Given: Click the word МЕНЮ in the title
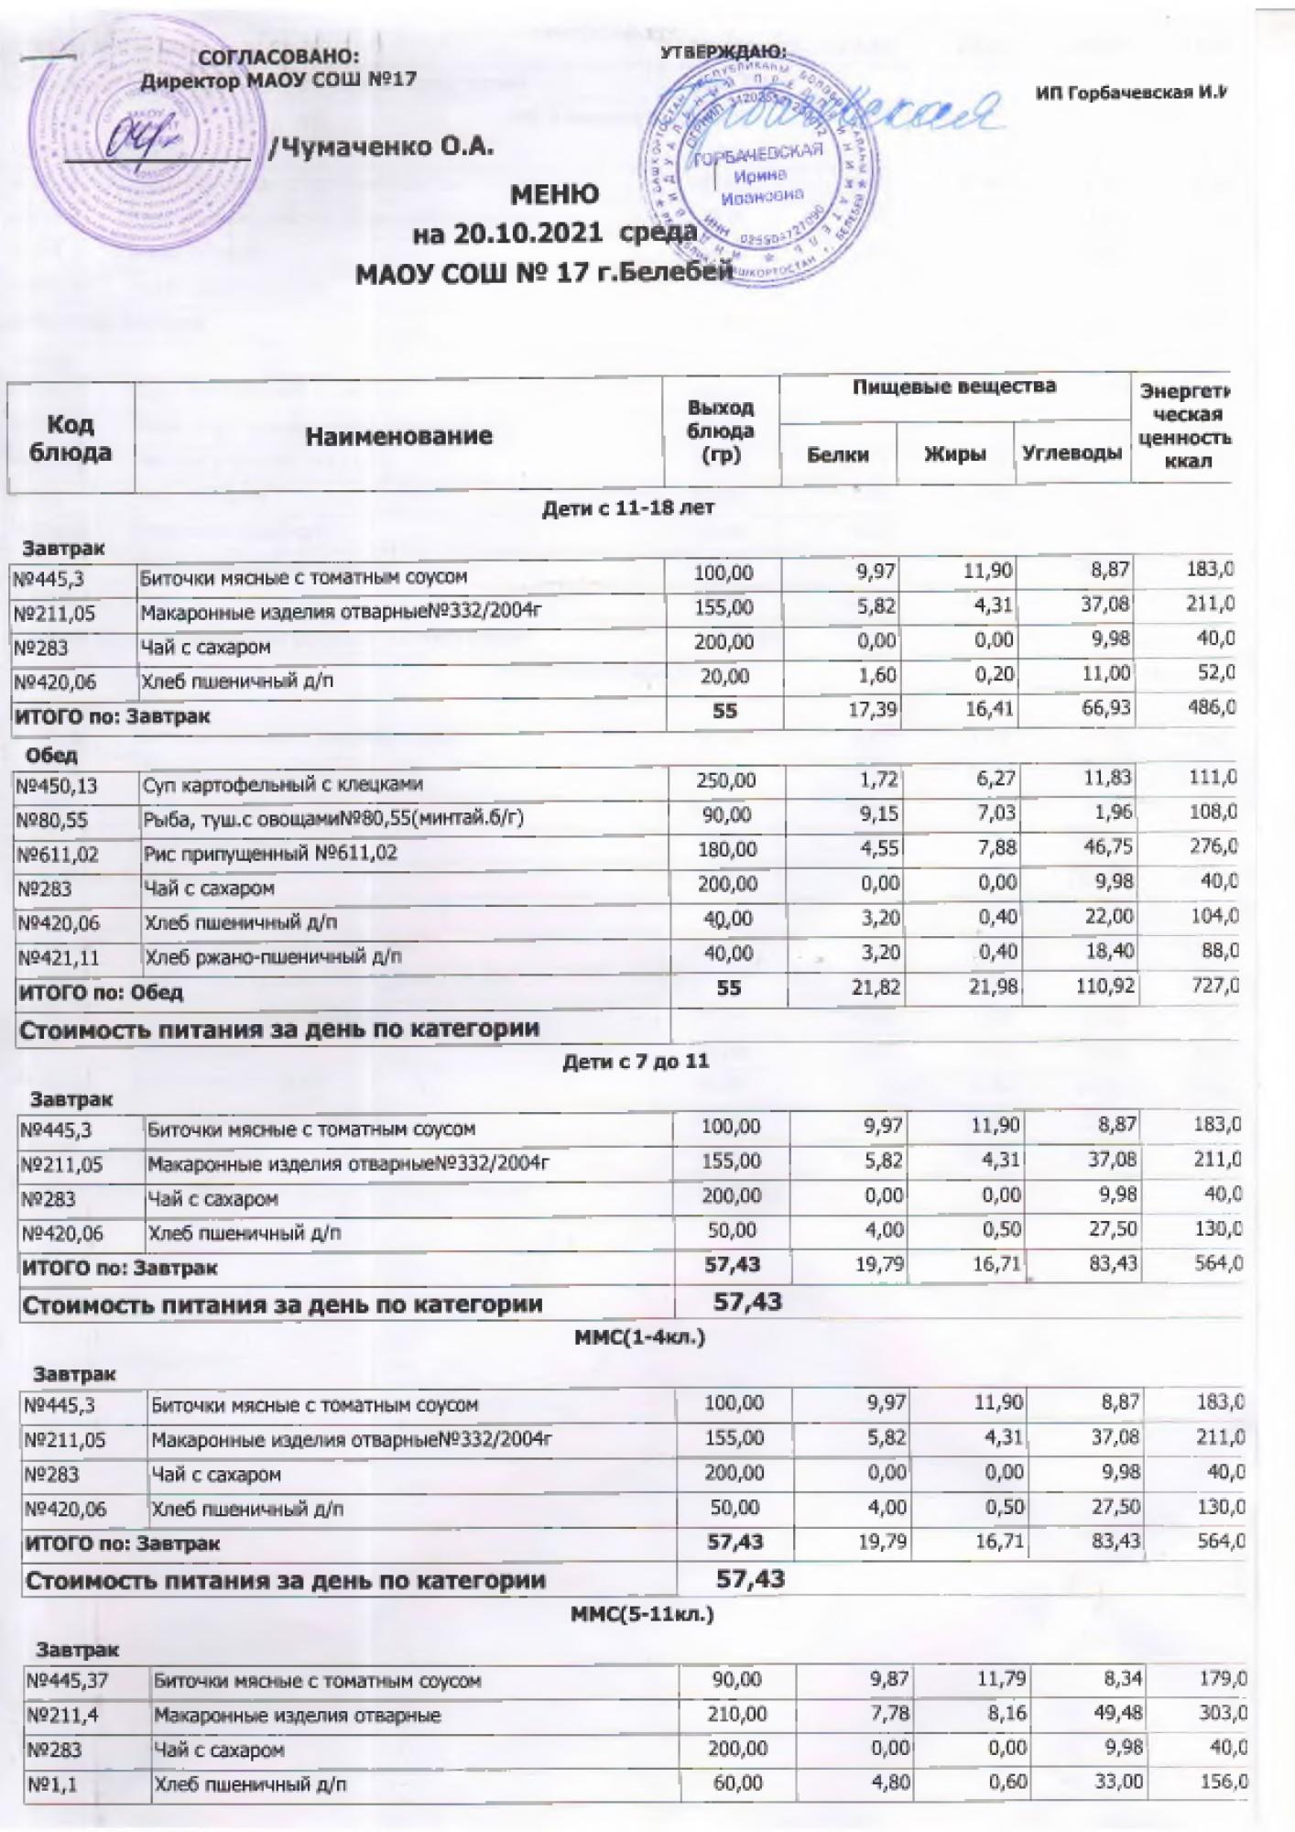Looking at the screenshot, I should [554, 194].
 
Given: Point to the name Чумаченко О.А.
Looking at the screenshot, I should [380, 147].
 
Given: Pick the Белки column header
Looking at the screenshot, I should [838, 454].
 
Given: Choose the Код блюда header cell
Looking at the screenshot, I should [71, 438].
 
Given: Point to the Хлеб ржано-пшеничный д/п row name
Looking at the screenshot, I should [274, 957].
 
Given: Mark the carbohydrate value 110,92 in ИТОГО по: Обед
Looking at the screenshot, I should [1103, 989].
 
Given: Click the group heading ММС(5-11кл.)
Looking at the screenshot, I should [642, 1614].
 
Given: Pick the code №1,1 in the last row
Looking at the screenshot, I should [52, 1783].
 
